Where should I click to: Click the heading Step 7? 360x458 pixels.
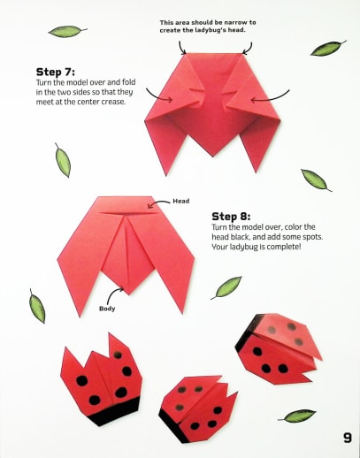pyautogui.click(x=56, y=72)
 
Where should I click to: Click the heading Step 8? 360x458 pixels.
pyautogui.click(x=231, y=217)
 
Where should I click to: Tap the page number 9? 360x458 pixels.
pyautogui.click(x=348, y=438)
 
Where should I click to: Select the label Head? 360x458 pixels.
pyautogui.click(x=181, y=201)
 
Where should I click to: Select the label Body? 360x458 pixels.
pyautogui.click(x=107, y=309)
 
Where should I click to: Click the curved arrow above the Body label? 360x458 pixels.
pyautogui.click(x=112, y=294)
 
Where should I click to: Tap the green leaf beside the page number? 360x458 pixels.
pyautogui.click(x=297, y=416)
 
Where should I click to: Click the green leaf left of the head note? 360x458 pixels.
pyautogui.click(x=67, y=31)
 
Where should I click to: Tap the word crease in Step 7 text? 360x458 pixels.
pyautogui.click(x=113, y=102)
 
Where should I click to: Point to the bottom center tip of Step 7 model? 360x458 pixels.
pyautogui.click(x=213, y=156)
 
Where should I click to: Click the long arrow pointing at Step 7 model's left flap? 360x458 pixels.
pyautogui.click(x=157, y=96)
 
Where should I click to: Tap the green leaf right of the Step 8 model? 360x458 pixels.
pyautogui.click(x=226, y=287)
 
